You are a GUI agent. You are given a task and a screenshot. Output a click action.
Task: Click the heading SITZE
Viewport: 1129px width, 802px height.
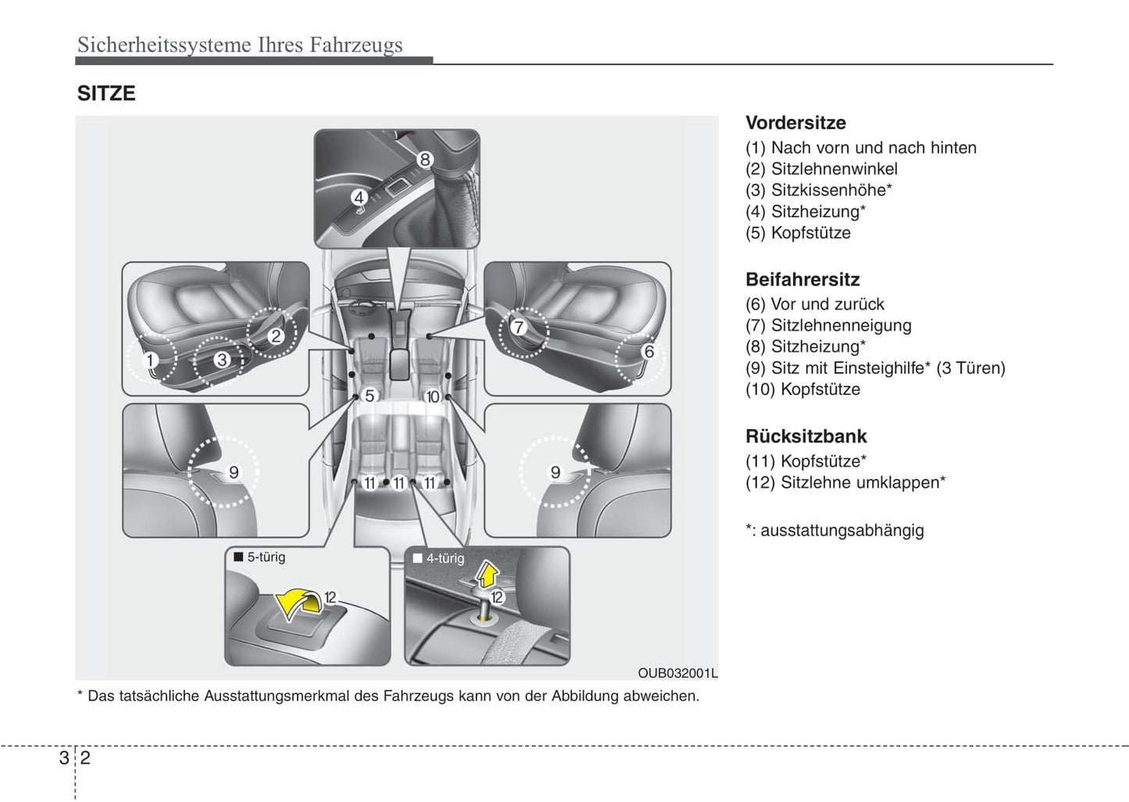106,94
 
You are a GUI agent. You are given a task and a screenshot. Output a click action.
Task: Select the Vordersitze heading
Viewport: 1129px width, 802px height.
795,123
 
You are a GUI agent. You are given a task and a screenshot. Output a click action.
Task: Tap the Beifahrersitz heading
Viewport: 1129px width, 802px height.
802,280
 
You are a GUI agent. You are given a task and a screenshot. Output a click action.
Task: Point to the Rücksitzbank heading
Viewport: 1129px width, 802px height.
806,436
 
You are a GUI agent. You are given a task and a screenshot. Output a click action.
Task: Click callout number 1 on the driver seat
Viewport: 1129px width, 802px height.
150,360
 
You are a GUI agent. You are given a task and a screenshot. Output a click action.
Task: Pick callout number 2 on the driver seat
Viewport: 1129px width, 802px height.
276,337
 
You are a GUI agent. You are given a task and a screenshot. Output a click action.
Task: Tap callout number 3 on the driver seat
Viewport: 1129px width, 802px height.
222,360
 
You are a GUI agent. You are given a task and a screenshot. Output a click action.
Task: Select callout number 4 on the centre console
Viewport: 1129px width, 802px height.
358,197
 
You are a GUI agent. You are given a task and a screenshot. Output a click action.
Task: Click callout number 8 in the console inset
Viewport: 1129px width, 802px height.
424,159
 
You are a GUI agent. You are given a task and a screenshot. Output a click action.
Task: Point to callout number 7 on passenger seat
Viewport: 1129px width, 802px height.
519,327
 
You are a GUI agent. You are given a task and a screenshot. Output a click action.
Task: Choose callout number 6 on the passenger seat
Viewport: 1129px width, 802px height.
648,352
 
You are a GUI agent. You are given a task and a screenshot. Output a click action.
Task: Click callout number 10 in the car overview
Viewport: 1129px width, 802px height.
432,397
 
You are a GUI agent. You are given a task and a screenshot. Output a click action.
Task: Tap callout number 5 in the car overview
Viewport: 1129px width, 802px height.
370,396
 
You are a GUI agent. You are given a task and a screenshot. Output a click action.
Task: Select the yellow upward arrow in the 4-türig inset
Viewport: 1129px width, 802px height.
487,576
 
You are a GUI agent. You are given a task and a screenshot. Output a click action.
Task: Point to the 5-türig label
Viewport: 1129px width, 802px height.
266,557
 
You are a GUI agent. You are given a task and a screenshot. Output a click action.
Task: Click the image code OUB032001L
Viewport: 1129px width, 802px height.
677,673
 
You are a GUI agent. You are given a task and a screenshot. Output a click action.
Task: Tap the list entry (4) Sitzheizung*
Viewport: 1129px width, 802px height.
806,212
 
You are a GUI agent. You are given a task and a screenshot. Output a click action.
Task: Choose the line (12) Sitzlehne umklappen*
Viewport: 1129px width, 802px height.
845,483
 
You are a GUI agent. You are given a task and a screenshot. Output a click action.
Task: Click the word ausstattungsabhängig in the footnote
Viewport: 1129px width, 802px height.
842,531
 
